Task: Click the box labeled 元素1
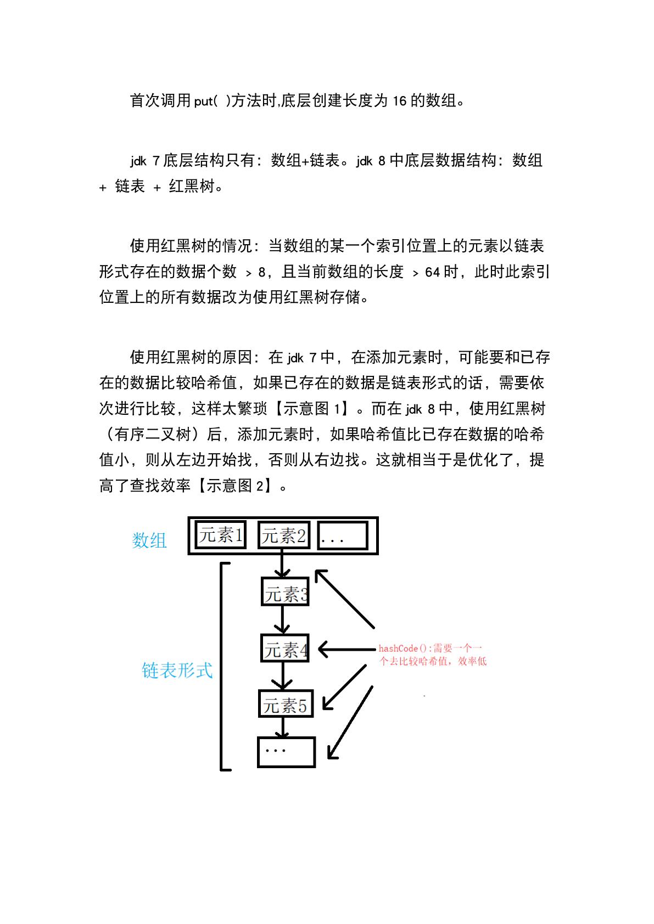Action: click(x=221, y=535)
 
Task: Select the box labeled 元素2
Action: click(x=283, y=536)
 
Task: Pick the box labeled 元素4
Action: click(x=285, y=649)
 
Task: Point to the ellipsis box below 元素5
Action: click(x=286, y=752)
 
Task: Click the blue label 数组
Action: click(x=149, y=540)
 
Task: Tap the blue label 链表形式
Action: click(x=177, y=670)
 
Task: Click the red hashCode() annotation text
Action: click(x=432, y=655)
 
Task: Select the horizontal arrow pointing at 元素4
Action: click(x=346, y=650)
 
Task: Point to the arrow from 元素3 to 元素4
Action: click(x=282, y=620)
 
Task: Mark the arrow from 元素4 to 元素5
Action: click(x=283, y=676)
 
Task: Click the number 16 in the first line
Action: click(x=400, y=101)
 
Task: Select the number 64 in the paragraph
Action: click(x=433, y=272)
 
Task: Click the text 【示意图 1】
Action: click(x=311, y=409)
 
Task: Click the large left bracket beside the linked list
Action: click(x=222, y=666)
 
